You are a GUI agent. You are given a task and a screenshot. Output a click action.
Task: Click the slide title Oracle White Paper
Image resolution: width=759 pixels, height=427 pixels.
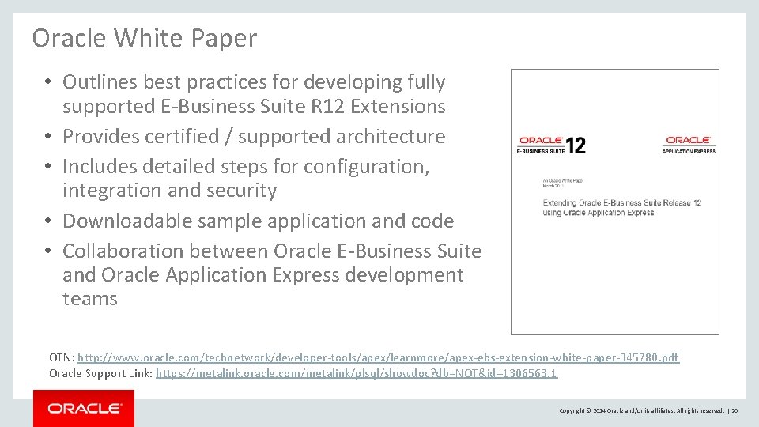pyautogui.click(x=145, y=38)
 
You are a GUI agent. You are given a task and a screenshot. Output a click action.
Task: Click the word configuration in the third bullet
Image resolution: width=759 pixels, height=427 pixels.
pyautogui.click(x=363, y=167)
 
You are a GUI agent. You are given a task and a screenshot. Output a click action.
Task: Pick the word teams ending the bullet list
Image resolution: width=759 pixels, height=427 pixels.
pyautogui.click(x=90, y=298)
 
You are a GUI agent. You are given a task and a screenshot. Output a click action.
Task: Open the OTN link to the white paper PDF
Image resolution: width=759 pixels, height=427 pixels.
pyautogui.click(x=378, y=358)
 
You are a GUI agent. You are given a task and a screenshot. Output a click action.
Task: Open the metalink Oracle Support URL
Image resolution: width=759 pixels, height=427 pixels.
pyautogui.click(x=357, y=373)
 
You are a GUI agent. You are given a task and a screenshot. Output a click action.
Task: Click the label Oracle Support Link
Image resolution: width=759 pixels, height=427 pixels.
pyautogui.click(x=100, y=373)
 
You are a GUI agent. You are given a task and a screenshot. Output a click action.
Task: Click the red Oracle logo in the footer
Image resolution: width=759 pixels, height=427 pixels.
pyautogui.click(x=84, y=408)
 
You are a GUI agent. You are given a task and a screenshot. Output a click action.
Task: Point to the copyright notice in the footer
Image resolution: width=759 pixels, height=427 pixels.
pyautogui.click(x=641, y=410)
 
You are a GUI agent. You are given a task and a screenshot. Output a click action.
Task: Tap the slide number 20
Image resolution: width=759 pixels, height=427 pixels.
pyautogui.click(x=734, y=410)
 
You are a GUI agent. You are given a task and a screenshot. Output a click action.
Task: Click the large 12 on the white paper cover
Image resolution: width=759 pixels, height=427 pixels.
pyautogui.click(x=575, y=145)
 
